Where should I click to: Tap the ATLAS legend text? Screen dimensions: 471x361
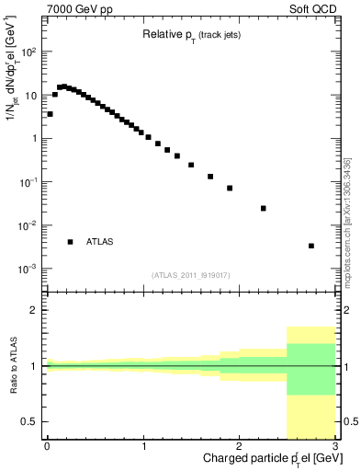coord(99,242)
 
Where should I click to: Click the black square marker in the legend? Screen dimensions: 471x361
coord(70,242)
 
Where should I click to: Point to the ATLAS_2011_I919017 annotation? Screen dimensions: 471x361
coord(190,275)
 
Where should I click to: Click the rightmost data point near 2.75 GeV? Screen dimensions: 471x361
coord(311,246)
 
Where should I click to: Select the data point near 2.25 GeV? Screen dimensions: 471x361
coord(263,208)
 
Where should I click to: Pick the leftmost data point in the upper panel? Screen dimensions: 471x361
coord(50,114)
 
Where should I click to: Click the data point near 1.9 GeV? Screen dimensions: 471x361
coord(230,188)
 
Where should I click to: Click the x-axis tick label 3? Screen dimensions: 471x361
coord(334,446)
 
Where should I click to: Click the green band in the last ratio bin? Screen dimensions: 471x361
coord(311,369)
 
